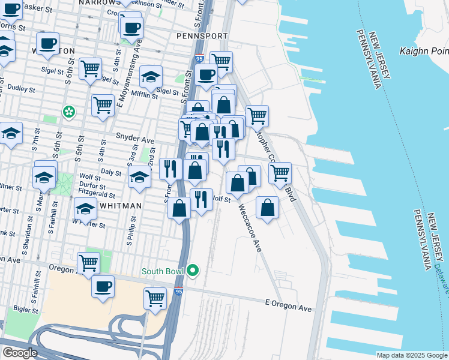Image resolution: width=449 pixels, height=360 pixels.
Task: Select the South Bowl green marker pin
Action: click(193, 271)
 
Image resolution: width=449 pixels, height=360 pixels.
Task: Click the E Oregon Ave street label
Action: click(289, 307)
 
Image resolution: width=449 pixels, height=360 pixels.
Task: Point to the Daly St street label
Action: click(112, 172)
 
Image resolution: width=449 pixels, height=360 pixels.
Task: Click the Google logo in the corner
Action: click(19, 353)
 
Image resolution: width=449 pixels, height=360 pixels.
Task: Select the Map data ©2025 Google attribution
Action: click(411, 355)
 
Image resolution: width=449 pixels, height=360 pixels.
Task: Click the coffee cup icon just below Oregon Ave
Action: click(103, 286)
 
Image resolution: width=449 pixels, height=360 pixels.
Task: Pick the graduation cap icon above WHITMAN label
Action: click(85, 209)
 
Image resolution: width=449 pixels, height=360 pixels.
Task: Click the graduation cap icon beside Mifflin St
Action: click(151, 76)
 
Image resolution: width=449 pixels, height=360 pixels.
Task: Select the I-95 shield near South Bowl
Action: click(180, 291)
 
